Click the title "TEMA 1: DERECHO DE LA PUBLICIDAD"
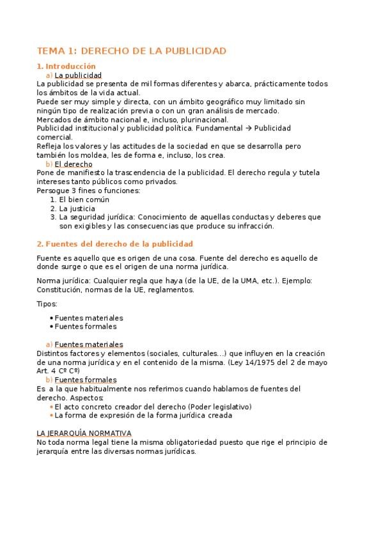(132, 50)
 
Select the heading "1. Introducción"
(66, 66)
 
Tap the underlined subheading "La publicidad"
(78, 75)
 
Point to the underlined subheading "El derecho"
(73, 164)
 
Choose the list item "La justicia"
(77, 208)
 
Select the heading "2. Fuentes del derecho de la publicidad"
(115, 244)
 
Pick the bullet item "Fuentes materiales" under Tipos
(89, 318)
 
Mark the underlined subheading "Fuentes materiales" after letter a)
(89, 345)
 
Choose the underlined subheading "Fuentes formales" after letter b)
(86, 380)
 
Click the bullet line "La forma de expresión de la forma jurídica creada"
(143, 415)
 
